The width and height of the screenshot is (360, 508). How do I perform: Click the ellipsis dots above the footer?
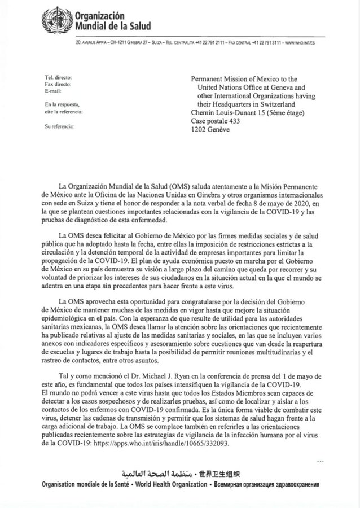321,462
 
